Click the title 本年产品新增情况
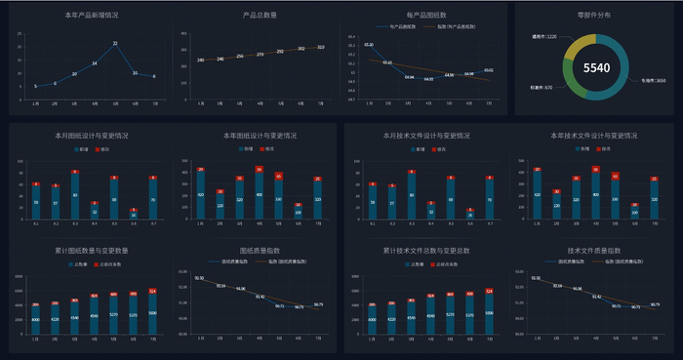point(93,16)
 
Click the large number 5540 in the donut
point(596,67)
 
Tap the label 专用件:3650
point(647,81)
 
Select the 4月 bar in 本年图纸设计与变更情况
point(259,193)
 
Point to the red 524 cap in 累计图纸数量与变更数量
point(153,291)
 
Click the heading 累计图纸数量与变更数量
point(93,252)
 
